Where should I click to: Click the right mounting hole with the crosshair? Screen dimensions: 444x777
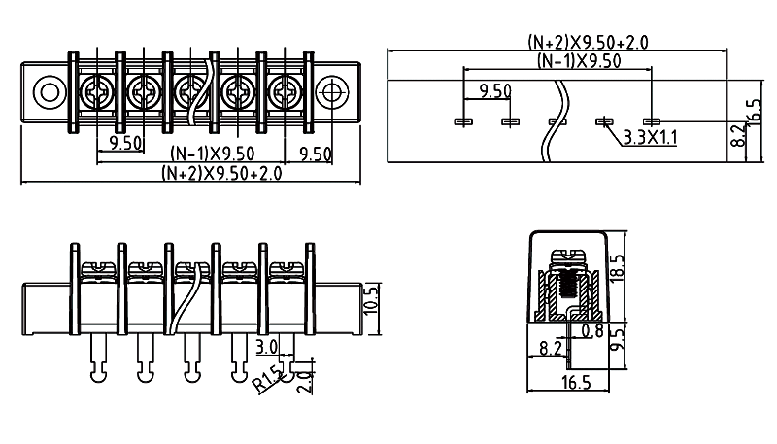pyautogui.click(x=333, y=93)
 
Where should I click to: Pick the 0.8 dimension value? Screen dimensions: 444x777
pyautogui.click(x=591, y=331)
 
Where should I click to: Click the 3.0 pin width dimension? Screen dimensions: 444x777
pyautogui.click(x=266, y=346)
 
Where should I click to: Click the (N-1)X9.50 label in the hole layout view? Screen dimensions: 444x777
pyautogui.click(x=579, y=61)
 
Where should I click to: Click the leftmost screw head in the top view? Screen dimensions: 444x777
pyautogui.click(x=95, y=93)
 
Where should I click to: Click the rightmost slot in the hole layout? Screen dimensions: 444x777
pyautogui.click(x=651, y=121)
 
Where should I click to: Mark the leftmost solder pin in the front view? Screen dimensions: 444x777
pyautogui.click(x=96, y=356)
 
